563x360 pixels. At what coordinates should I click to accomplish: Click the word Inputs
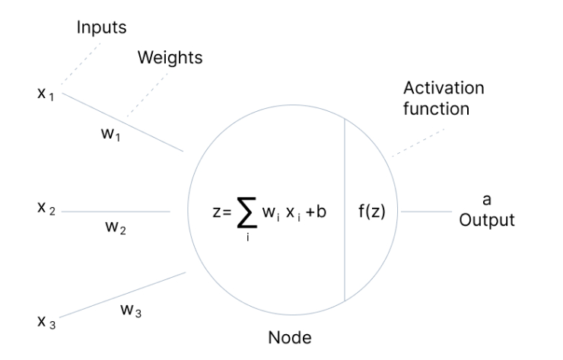[x=100, y=27]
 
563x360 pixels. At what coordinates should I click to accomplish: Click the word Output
[x=487, y=222]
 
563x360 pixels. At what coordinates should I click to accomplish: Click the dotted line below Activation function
[x=416, y=141]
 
